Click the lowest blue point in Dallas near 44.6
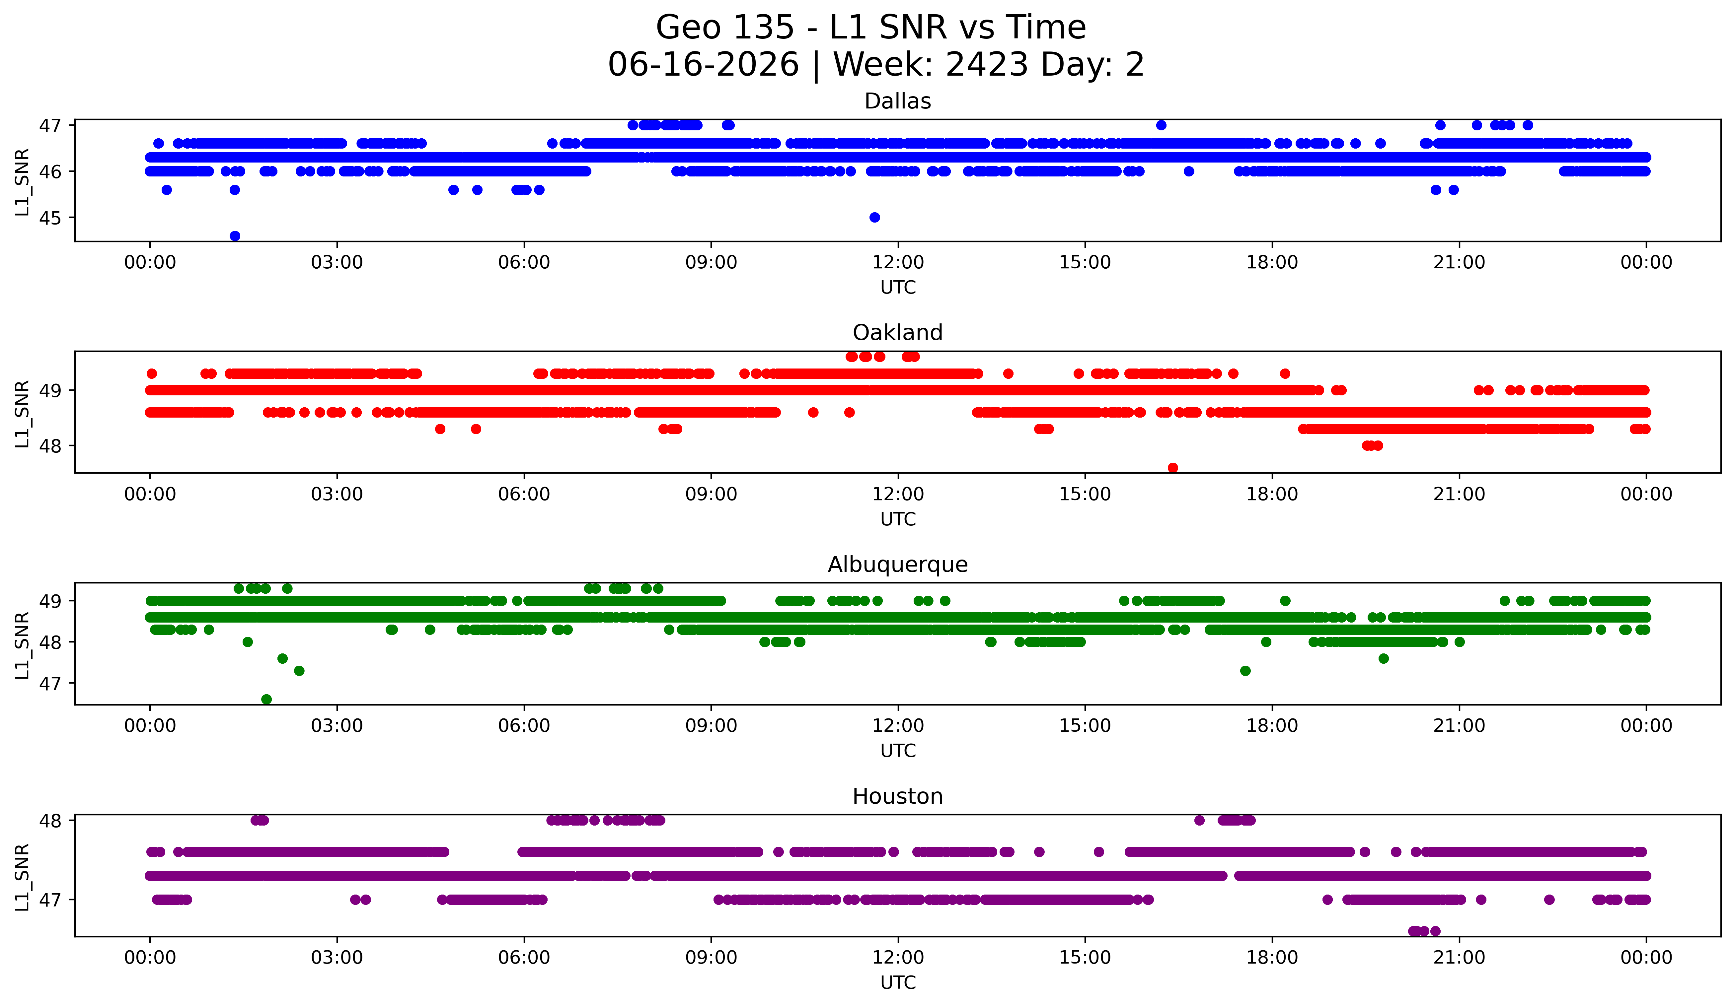(x=235, y=236)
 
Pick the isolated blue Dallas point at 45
(x=874, y=217)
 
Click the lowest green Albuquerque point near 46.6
(x=266, y=699)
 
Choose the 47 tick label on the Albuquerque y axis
(x=49, y=684)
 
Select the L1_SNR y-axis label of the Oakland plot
(x=22, y=414)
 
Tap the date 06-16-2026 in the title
(x=703, y=65)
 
